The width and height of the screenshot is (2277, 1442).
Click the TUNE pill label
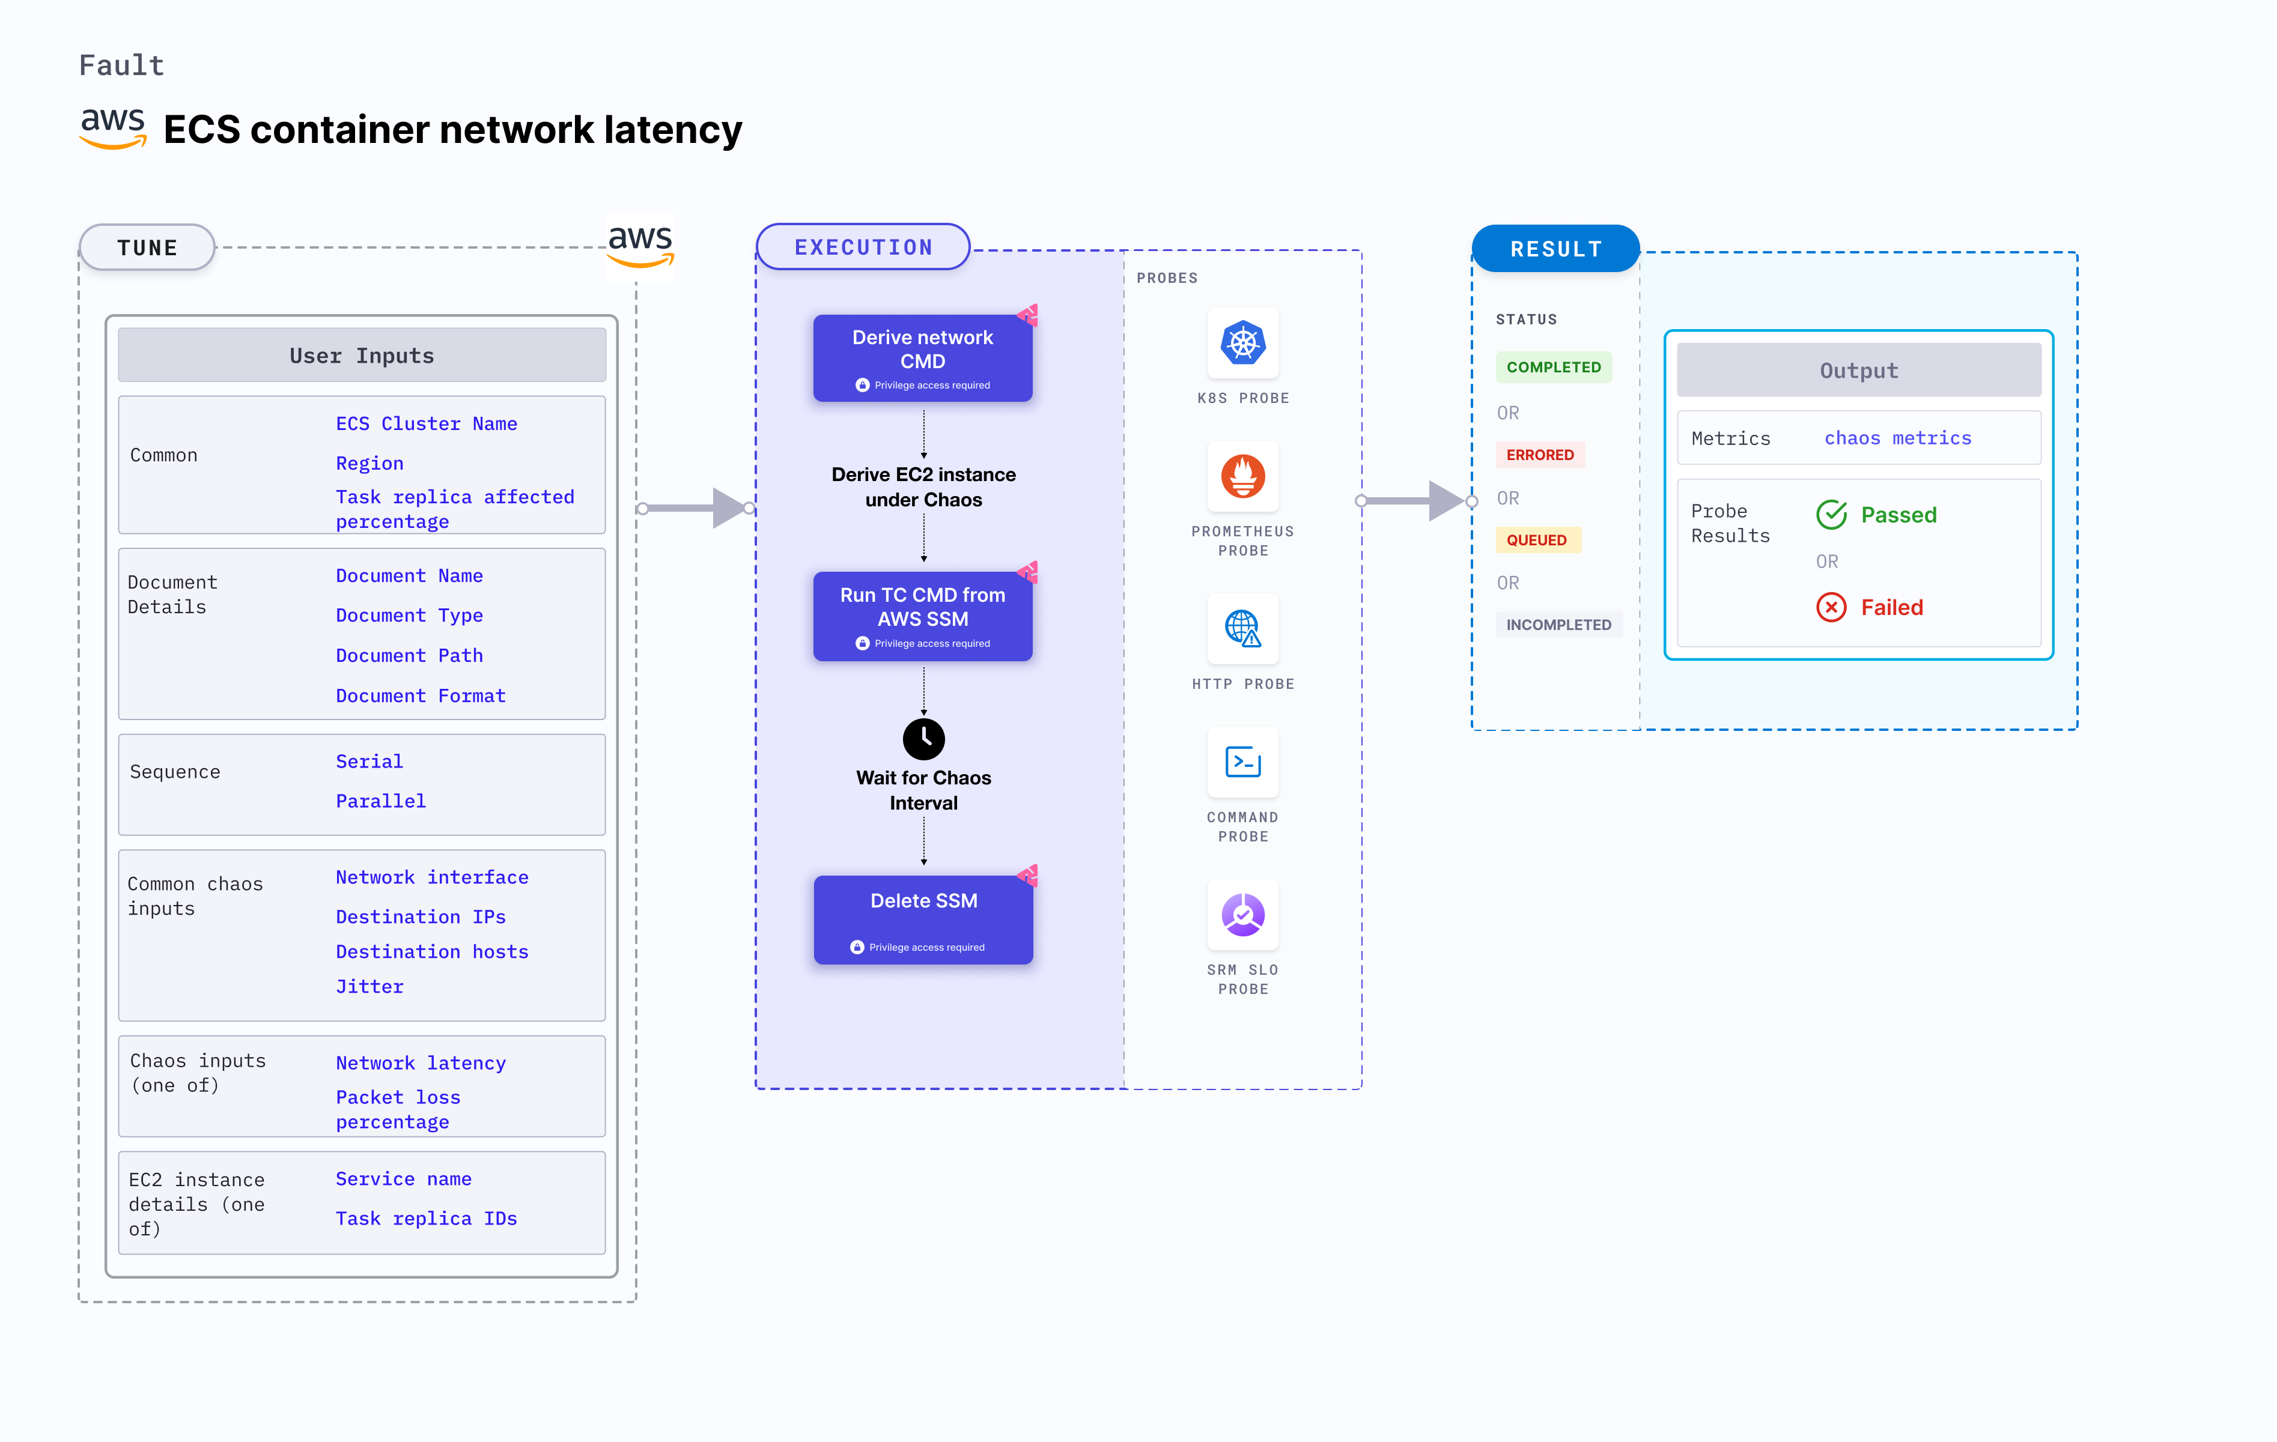click(x=148, y=247)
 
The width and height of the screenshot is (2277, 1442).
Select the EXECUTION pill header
click(x=863, y=247)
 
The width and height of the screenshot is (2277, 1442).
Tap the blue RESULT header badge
click(x=1555, y=249)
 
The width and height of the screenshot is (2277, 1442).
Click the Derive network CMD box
click(x=922, y=357)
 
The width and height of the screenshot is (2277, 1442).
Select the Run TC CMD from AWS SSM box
click(x=922, y=616)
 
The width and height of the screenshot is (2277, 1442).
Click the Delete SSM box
click(x=923, y=919)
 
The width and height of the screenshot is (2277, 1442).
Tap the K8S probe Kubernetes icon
click(x=1242, y=344)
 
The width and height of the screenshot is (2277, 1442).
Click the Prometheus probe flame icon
click(x=1242, y=477)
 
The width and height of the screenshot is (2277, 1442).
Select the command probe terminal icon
click(x=1242, y=762)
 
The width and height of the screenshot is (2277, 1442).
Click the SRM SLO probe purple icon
click(x=1242, y=914)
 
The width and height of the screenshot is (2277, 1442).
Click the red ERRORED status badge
click(x=1539, y=455)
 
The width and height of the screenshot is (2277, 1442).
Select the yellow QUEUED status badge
click(x=1537, y=540)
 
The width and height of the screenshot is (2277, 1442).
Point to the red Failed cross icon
click(x=1831, y=607)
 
